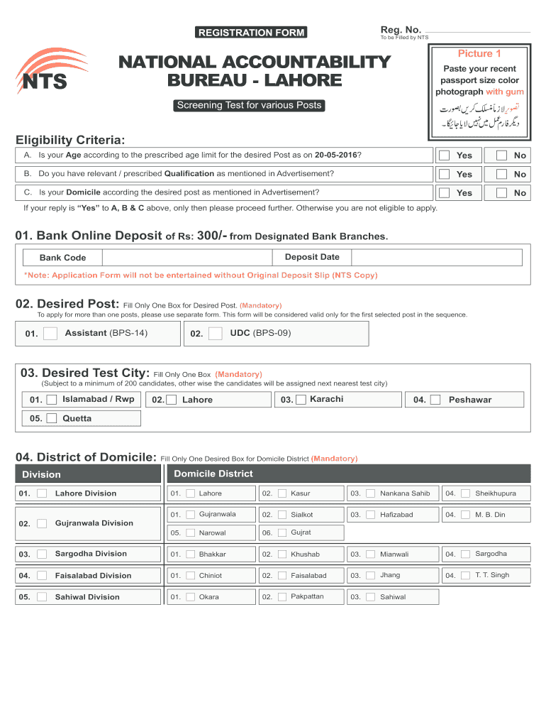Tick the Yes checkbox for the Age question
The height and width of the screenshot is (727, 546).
pyautogui.click(x=444, y=155)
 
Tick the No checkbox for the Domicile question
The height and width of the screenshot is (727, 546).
pyautogui.click(x=501, y=193)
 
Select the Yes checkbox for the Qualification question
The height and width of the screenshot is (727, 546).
pyautogui.click(x=444, y=174)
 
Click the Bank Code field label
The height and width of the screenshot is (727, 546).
pyautogui.click(x=62, y=258)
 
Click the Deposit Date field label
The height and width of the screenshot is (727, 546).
pyautogui.click(x=312, y=257)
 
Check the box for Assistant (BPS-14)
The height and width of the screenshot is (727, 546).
pyautogui.click(x=50, y=334)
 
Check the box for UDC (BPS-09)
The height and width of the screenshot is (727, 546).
pyautogui.click(x=216, y=334)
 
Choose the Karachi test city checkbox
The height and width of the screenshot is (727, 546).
pyautogui.click(x=301, y=400)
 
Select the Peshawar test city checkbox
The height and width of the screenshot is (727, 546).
pyautogui.click(x=435, y=400)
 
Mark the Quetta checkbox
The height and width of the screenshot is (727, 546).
pyautogui.click(x=52, y=418)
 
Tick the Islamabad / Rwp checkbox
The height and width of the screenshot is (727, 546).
pyautogui.click(x=52, y=400)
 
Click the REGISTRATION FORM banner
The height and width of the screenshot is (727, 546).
pyautogui.click(x=251, y=32)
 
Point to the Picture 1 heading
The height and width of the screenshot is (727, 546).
pyautogui.click(x=479, y=54)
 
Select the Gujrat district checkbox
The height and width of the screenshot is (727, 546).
pyautogui.click(x=282, y=532)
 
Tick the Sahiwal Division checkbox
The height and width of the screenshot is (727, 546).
pyautogui.click(x=43, y=597)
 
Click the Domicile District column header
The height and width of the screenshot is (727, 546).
pyautogui.click(x=213, y=474)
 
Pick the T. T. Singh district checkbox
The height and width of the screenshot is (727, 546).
pyautogui.click(x=465, y=576)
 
